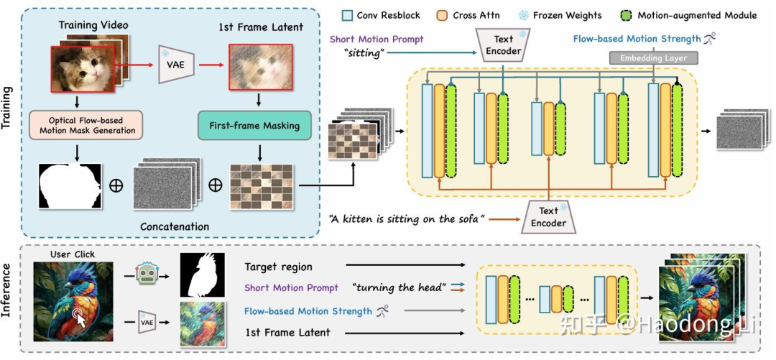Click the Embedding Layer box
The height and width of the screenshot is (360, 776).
(x=653, y=57)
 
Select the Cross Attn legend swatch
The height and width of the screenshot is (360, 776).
(x=442, y=15)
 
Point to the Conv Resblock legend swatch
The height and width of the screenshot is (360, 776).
(x=348, y=15)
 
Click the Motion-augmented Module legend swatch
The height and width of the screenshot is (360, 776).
(x=626, y=15)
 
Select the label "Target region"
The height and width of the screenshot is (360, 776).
(x=279, y=267)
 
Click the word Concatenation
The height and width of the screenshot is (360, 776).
(x=175, y=226)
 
